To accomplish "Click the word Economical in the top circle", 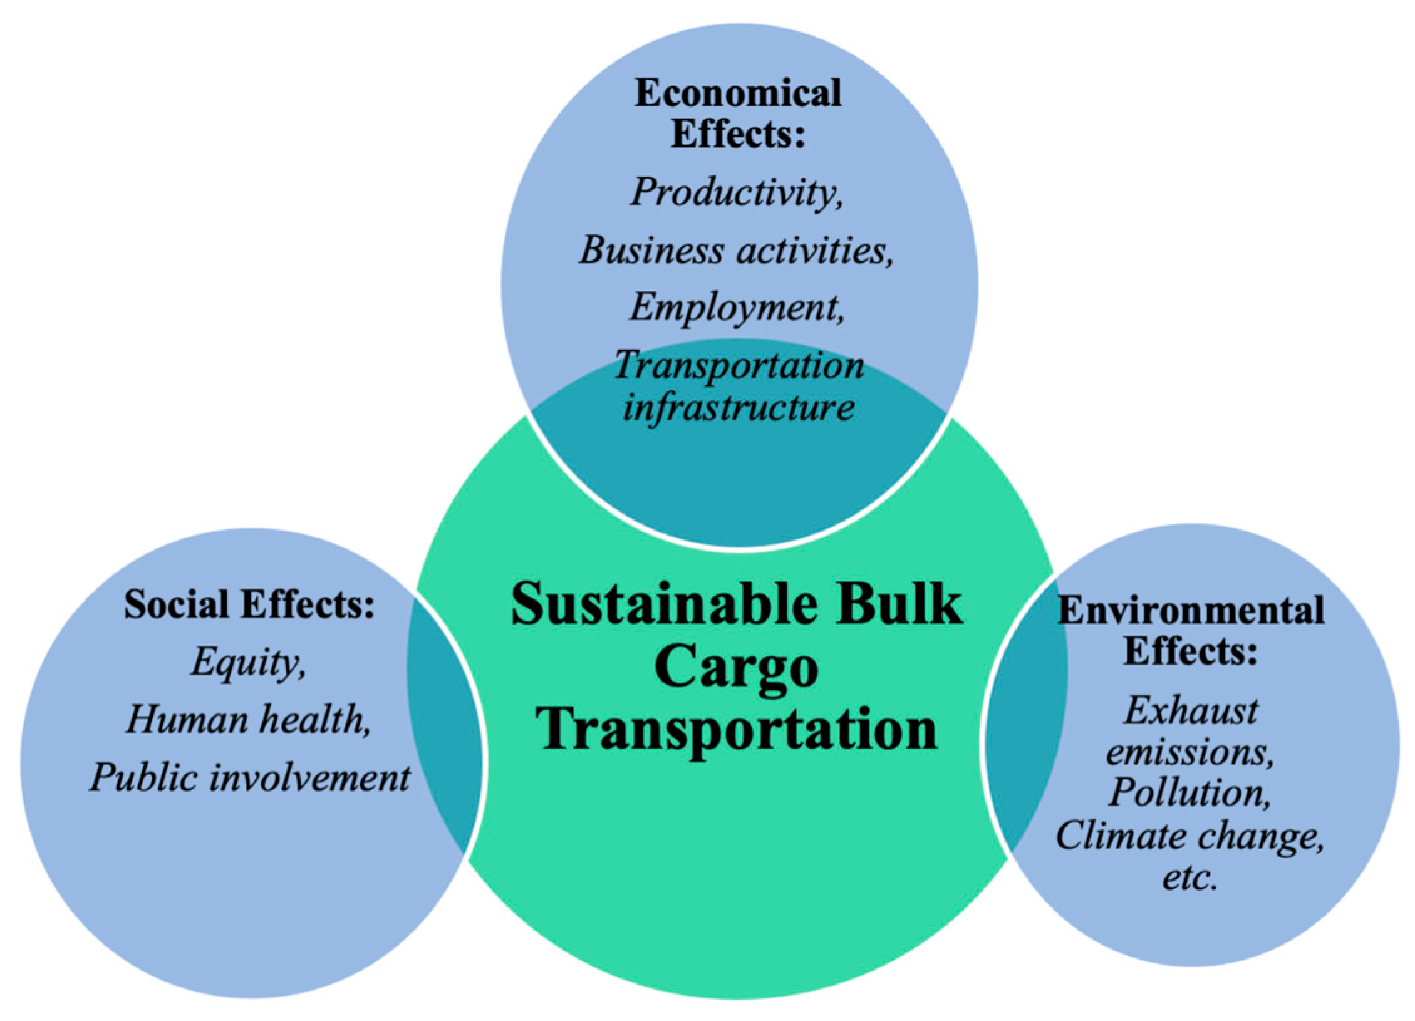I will point(737,94).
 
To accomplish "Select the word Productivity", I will point(736,192).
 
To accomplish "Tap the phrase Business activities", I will point(736,251).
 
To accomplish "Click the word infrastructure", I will point(739,407).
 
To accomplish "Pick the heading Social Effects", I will point(249,605).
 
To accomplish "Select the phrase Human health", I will point(249,719).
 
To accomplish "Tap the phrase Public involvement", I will point(250,777).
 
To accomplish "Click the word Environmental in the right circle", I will point(1191,610).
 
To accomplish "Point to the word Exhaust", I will point(1190,712).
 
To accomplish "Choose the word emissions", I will point(1190,752).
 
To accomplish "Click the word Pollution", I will point(1190,792).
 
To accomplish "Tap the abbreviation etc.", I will point(1190,877).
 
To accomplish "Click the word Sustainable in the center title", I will point(663,605).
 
